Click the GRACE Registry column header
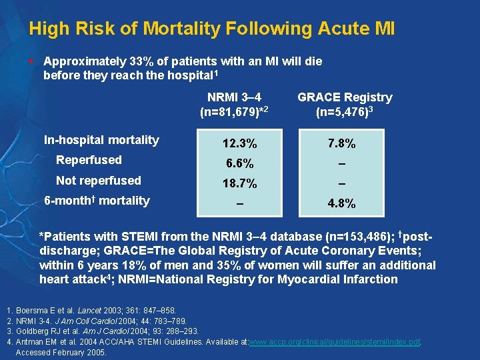point(345,97)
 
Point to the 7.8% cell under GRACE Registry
point(341,144)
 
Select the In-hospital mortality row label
point(101,140)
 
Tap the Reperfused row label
point(89,160)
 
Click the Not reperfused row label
point(99,181)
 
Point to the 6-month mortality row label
point(97,201)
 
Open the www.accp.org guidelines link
point(334,342)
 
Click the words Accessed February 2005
point(61,353)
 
